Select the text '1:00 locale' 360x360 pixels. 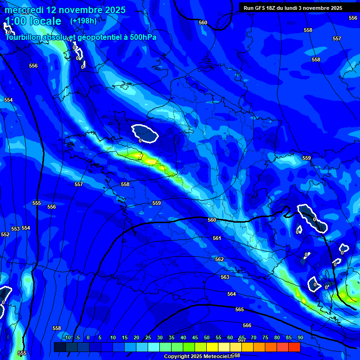(x=33, y=21)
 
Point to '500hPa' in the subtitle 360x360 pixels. (x=143, y=37)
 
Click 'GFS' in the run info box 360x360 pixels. (x=262, y=8)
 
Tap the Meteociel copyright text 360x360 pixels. (x=199, y=357)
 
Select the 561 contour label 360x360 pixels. (x=217, y=239)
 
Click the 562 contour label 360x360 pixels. (x=219, y=259)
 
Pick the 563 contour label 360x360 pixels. (x=225, y=277)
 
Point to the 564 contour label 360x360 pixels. (x=232, y=294)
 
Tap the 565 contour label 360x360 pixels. (x=240, y=309)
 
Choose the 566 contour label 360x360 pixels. (x=247, y=325)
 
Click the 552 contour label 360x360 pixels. (x=5, y=234)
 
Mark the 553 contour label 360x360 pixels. (x=15, y=229)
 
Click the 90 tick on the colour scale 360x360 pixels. (x=300, y=337)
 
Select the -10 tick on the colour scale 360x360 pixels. (x=67, y=337)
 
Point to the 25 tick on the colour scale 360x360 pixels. (x=148, y=337)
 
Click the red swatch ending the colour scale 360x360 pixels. (x=294, y=347)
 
